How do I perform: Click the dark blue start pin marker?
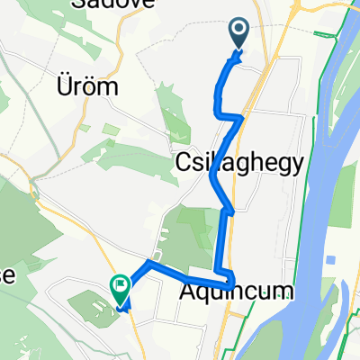click(x=239, y=32)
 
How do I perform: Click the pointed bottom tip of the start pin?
click(x=239, y=49)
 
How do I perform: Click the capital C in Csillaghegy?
click(x=177, y=162)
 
